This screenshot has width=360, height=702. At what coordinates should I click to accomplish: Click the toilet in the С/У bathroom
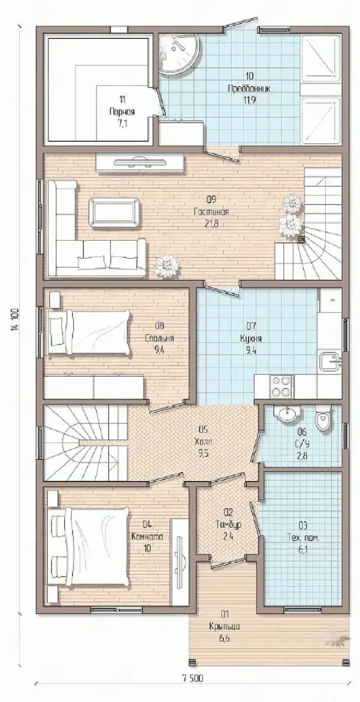click(x=323, y=417)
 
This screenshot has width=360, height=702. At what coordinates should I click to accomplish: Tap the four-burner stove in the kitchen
click(x=282, y=386)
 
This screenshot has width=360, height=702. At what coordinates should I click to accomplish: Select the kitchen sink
click(x=330, y=361)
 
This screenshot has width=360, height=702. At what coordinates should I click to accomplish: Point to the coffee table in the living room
click(x=115, y=212)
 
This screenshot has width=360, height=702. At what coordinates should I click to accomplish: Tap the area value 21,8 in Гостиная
click(x=211, y=224)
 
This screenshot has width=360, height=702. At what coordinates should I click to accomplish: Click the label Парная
click(x=122, y=112)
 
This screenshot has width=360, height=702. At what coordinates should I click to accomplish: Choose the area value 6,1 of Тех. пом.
click(x=303, y=550)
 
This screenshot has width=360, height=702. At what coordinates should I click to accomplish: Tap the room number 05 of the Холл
click(x=204, y=429)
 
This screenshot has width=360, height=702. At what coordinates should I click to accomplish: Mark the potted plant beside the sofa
click(x=167, y=267)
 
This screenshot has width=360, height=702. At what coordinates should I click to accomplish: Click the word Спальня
click(x=159, y=338)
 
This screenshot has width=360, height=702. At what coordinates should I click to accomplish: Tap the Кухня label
click(x=251, y=338)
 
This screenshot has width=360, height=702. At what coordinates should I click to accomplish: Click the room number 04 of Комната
click(x=147, y=524)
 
